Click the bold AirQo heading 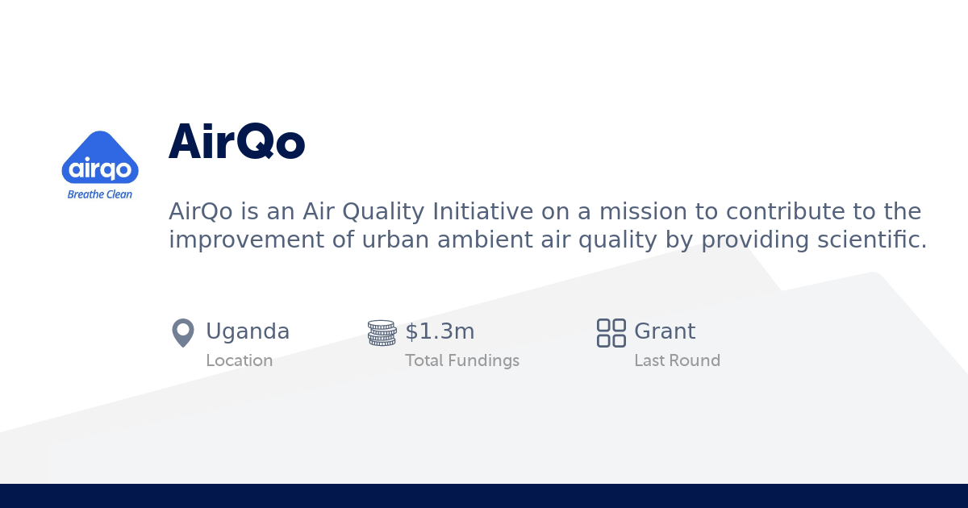point(236,143)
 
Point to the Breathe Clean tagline point(100,194)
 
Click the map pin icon point(183,332)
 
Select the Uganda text point(248,331)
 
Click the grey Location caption point(239,361)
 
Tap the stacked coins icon point(382,332)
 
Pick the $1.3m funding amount point(440,331)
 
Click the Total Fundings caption point(461,361)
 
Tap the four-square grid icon point(611,332)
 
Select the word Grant point(665,331)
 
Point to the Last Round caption point(677,361)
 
